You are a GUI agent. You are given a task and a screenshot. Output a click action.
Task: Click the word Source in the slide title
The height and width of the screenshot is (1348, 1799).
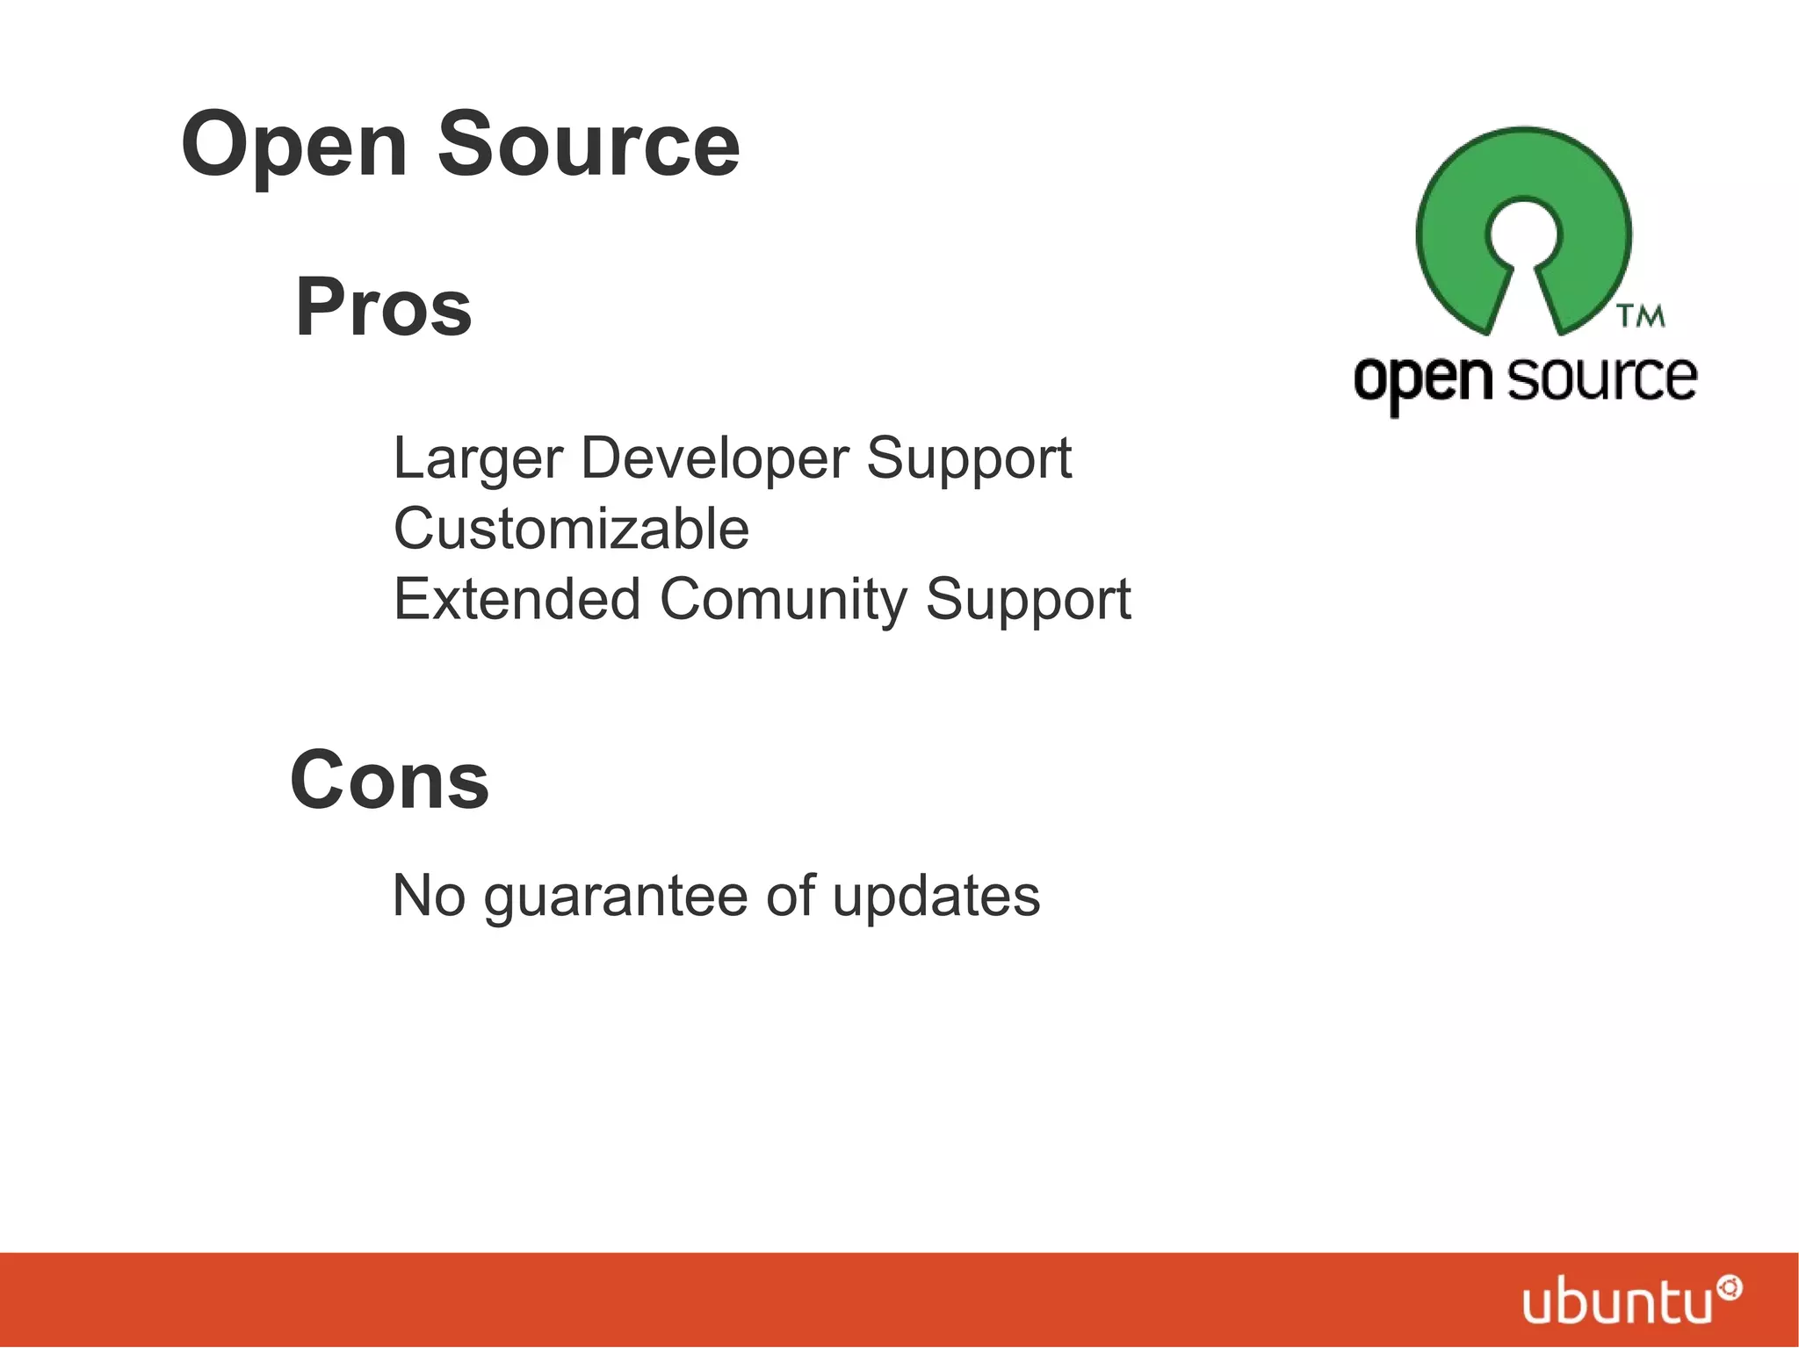click(589, 144)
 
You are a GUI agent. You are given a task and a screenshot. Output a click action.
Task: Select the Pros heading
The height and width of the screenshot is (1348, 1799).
click(384, 307)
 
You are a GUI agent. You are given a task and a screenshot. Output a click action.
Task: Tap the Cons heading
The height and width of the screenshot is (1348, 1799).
click(389, 781)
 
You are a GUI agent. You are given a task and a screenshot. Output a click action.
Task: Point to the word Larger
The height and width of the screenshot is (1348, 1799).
click(477, 458)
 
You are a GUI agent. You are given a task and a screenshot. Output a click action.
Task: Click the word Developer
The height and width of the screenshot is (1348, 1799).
click(714, 458)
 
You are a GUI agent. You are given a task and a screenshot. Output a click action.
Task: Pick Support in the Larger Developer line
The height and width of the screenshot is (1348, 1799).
click(969, 458)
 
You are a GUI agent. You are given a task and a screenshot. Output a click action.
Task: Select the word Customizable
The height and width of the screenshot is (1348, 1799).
click(571, 529)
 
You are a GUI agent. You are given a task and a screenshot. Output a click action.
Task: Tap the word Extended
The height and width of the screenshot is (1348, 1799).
click(517, 600)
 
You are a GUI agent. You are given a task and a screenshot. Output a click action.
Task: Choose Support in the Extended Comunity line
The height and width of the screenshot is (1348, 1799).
click(1028, 600)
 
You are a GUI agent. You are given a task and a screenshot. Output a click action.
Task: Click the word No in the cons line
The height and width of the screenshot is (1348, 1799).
click(429, 896)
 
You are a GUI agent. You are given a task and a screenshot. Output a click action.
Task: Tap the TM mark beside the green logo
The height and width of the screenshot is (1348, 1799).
click(1641, 315)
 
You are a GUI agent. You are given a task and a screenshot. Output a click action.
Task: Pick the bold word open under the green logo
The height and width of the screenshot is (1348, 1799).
click(1423, 380)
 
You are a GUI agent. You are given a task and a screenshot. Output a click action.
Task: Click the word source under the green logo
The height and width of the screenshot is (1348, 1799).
click(1601, 378)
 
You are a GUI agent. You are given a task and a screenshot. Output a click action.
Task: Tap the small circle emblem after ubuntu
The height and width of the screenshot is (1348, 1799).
click(1731, 1288)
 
